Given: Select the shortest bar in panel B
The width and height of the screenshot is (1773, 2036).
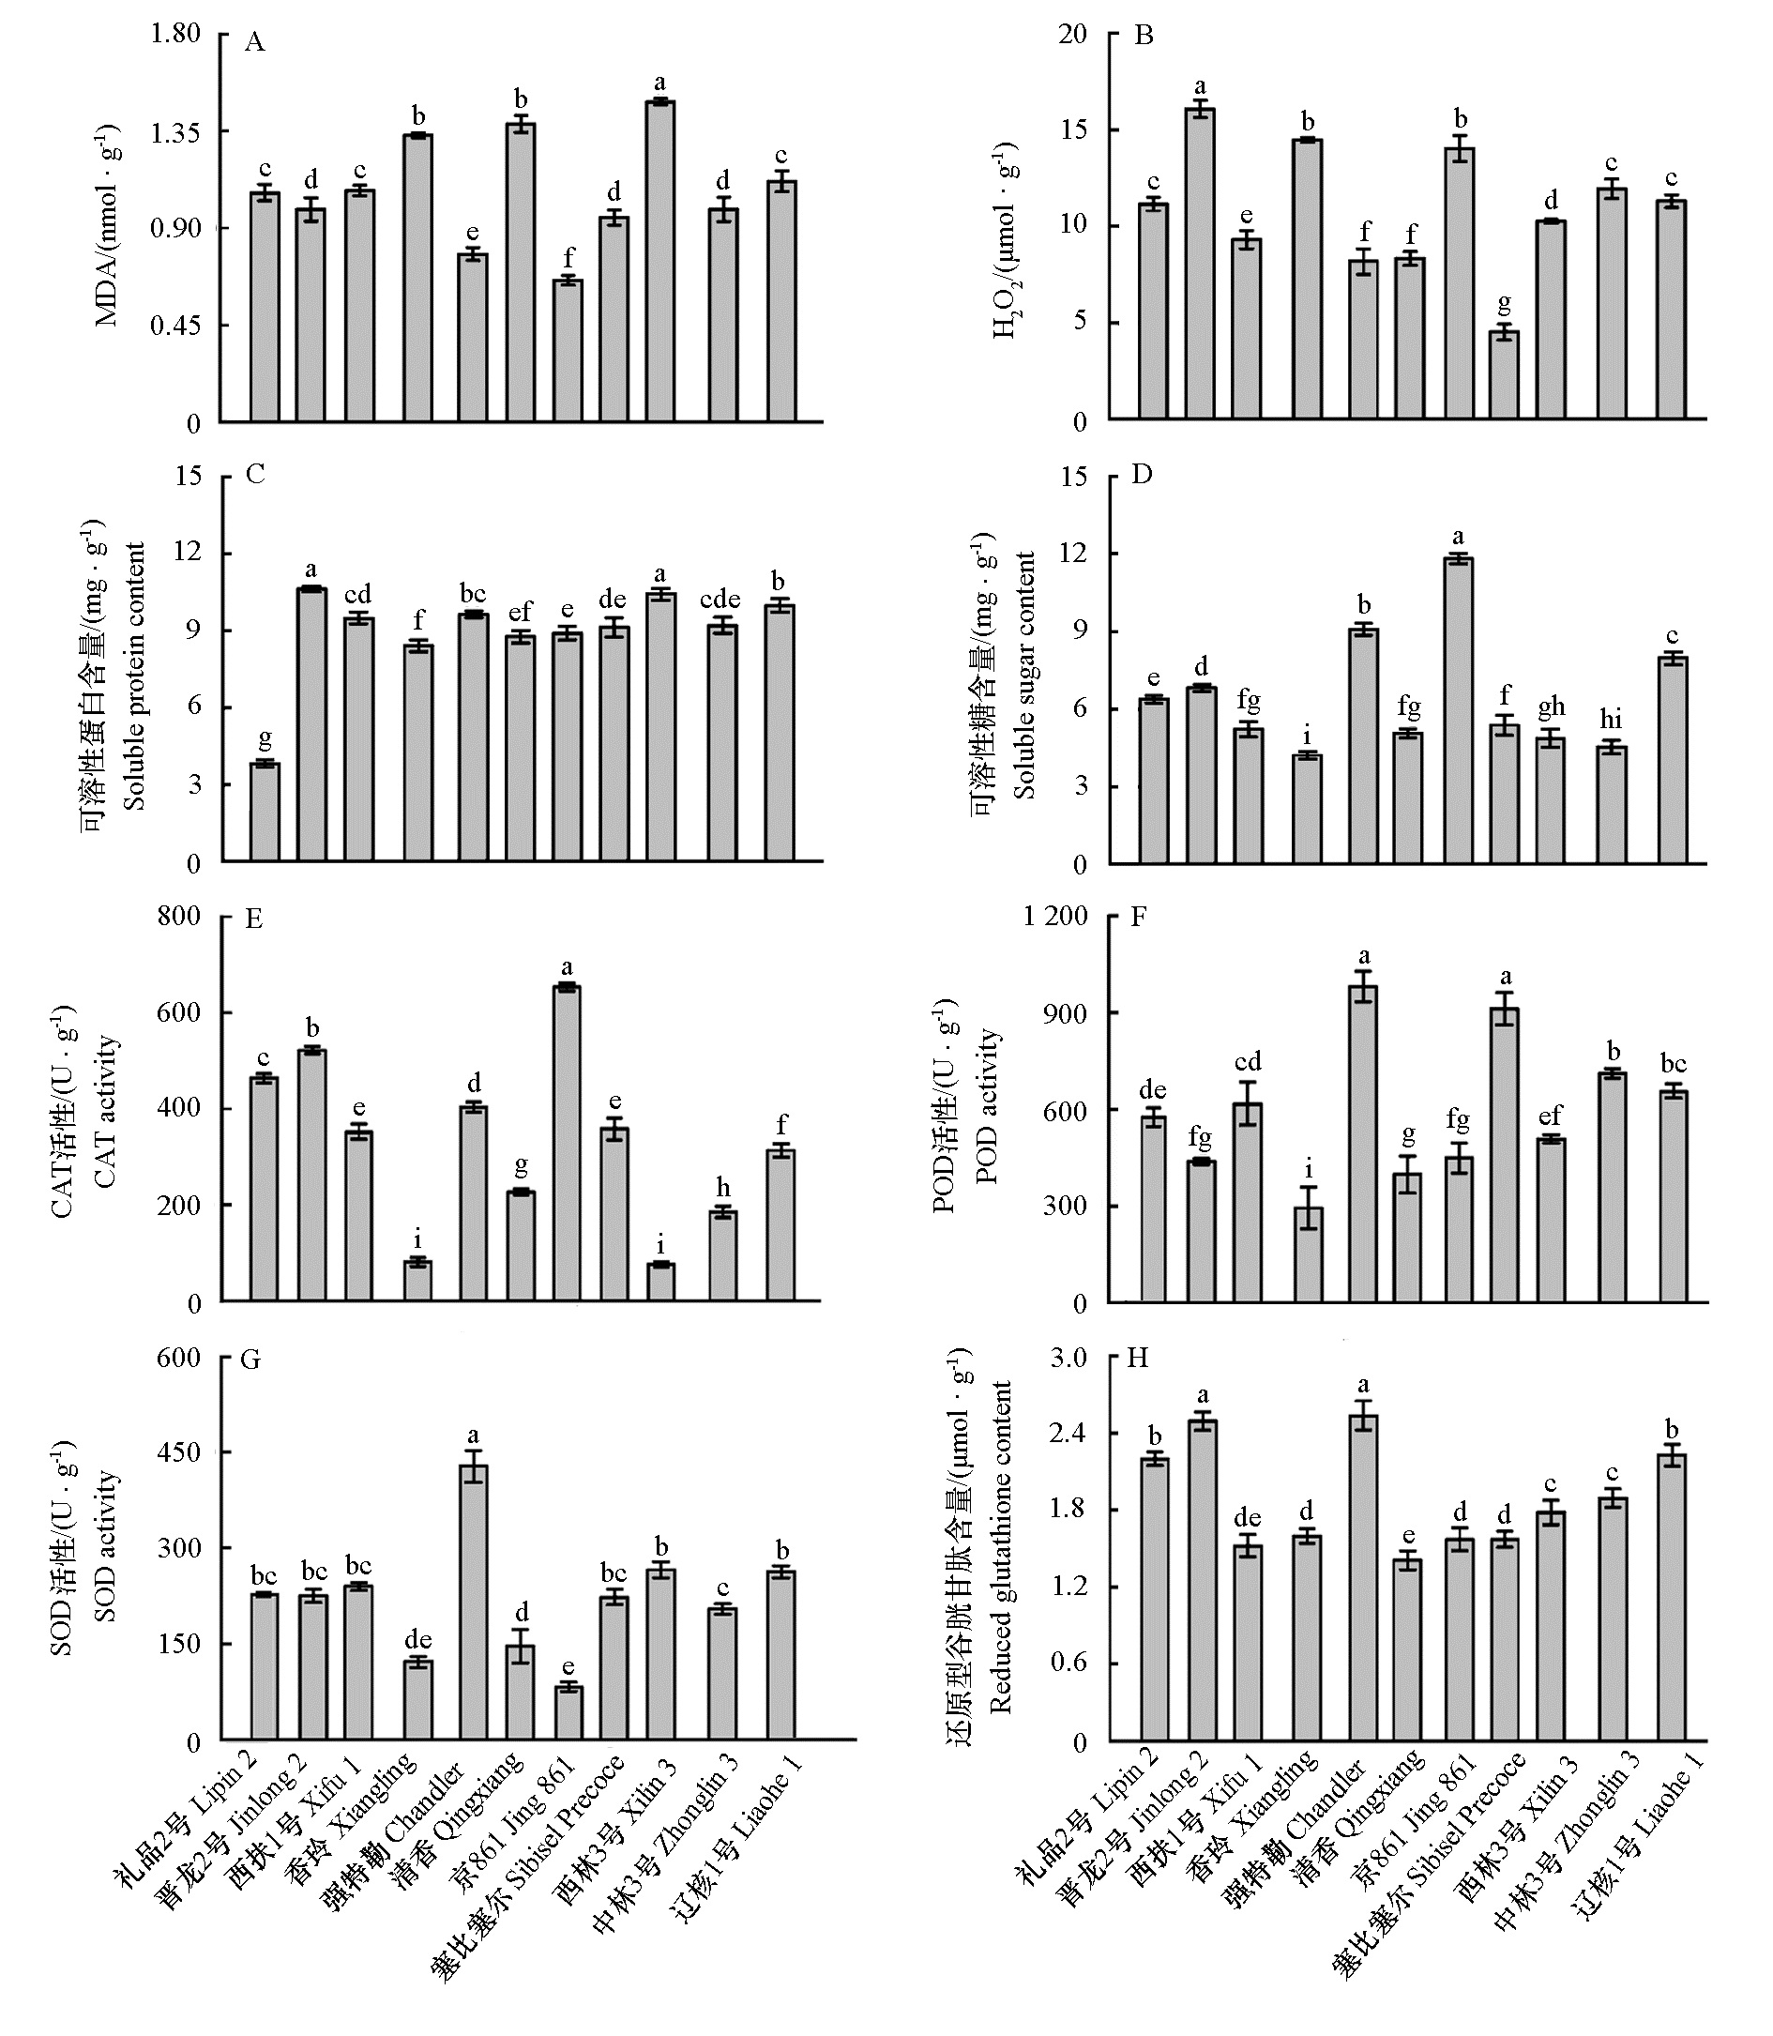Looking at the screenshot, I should [1504, 376].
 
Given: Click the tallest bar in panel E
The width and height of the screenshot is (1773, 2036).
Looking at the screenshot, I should [567, 1143].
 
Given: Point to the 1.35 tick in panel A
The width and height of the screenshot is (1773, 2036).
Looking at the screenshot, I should [175, 131].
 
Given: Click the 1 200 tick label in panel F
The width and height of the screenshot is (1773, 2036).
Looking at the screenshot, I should [1054, 916].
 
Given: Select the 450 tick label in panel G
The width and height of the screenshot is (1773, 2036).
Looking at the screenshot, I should [178, 1452].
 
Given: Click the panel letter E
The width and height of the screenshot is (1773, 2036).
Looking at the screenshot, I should [253, 919].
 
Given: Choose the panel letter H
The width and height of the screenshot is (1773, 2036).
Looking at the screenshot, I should [1138, 1358].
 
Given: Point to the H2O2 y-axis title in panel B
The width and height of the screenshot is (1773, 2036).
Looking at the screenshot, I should [1007, 240].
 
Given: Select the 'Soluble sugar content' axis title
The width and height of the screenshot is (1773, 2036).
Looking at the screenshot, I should [1025, 675].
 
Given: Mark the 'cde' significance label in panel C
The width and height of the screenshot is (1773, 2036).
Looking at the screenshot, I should [720, 599].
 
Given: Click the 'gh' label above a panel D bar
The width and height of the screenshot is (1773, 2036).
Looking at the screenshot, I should [1551, 706].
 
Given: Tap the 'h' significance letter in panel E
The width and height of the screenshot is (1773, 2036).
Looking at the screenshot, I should [723, 1187].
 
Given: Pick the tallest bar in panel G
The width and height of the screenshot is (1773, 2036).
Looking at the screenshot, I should [473, 1602].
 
